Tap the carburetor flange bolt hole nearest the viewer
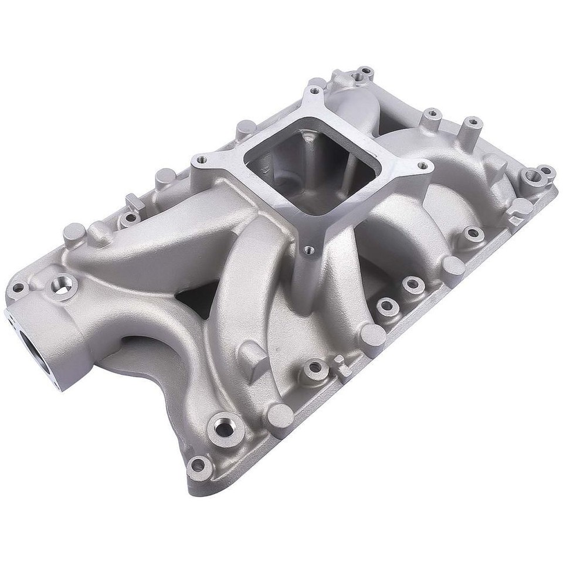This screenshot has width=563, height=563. [309, 250]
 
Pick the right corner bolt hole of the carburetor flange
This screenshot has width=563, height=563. [422, 166]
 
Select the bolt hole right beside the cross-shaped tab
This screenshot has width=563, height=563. [316, 368]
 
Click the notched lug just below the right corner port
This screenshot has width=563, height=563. [518, 211]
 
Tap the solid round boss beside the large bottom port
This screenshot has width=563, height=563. [279, 415]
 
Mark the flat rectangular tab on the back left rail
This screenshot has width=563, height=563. [134, 203]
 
